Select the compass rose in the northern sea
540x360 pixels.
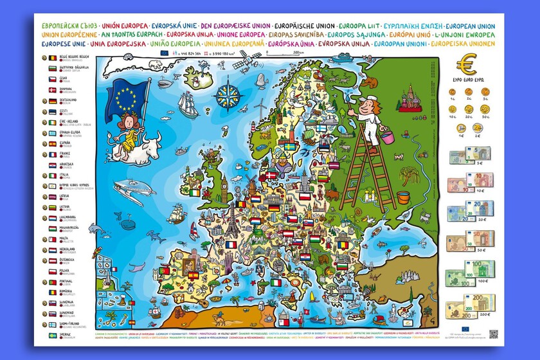pos(227,95)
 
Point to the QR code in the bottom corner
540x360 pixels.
pos(493,334)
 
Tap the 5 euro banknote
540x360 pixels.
pos(469,155)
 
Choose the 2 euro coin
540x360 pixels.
pos(478,127)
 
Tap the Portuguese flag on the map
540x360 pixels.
pos(165,270)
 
